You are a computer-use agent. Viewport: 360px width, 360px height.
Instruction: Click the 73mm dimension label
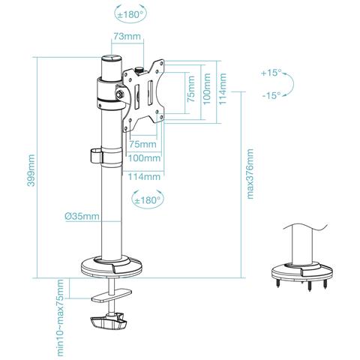127,37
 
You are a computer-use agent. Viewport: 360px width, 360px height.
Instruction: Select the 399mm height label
31,170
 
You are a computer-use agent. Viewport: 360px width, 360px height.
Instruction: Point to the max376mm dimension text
250,174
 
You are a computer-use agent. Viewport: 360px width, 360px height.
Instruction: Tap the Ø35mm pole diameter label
82,216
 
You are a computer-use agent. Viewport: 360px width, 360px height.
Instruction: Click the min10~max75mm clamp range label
60,318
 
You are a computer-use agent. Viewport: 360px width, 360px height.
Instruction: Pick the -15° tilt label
271,95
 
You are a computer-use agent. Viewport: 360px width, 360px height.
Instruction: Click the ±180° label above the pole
130,14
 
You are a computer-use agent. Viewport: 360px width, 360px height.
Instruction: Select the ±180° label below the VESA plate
148,200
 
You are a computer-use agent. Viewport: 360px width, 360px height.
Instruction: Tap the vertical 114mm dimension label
222,88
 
